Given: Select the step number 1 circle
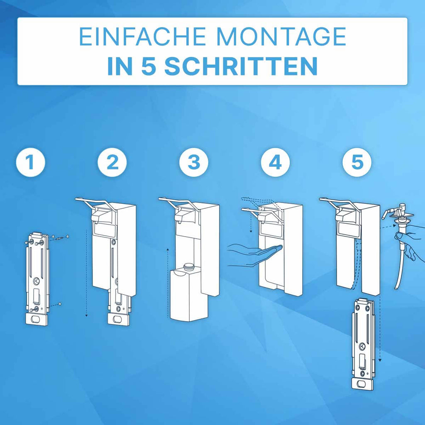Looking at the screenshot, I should (x=30, y=163).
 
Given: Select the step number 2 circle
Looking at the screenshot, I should (x=112, y=163).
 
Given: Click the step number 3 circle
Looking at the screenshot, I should (x=194, y=163).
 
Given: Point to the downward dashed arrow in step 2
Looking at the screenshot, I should (x=86, y=274).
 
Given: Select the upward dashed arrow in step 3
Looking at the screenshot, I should (x=167, y=282).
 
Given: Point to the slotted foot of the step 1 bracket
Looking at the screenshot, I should (x=37, y=319).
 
